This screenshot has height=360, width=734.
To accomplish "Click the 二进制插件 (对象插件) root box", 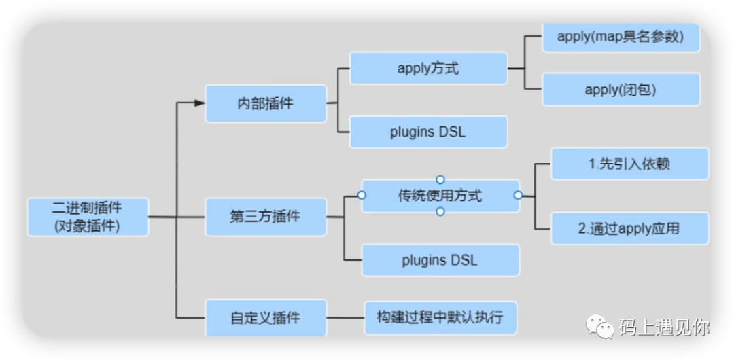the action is click(x=88, y=217).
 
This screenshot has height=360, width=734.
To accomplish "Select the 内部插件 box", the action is click(x=266, y=103).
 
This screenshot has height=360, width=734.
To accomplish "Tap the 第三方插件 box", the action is click(x=266, y=217).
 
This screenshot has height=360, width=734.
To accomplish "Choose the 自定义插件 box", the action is click(x=266, y=318).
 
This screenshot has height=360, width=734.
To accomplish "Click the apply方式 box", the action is click(x=428, y=69).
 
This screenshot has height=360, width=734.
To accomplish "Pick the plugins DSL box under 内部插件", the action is click(x=428, y=132).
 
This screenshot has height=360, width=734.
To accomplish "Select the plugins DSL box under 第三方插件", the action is click(x=440, y=260).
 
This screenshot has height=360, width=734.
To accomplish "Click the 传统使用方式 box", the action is click(x=440, y=195).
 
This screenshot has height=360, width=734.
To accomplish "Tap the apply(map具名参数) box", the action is click(x=621, y=37).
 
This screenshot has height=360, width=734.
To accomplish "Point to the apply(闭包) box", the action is click(x=621, y=89).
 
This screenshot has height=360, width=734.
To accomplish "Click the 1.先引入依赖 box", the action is click(x=629, y=164).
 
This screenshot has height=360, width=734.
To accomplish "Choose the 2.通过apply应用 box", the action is click(x=629, y=228).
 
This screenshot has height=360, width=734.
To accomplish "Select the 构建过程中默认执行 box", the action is click(x=440, y=318).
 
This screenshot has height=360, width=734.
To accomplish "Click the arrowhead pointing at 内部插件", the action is click(x=200, y=103).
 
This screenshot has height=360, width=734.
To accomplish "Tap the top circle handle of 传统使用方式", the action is click(x=440, y=179).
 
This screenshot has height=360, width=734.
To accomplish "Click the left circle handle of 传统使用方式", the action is click(x=362, y=195).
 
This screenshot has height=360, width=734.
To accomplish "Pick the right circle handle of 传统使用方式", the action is click(x=518, y=195).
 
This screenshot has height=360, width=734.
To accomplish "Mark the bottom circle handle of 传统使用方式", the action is click(x=440, y=212).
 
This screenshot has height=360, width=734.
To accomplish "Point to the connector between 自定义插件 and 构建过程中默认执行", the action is click(x=345, y=318).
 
